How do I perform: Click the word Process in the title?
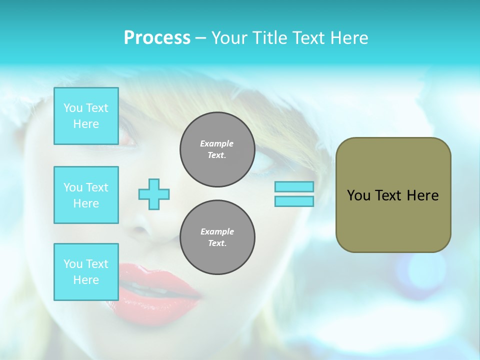157,38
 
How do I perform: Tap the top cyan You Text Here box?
86,116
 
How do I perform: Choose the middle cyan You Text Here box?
86,195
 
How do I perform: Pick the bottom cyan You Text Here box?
86,272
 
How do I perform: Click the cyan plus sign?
154,194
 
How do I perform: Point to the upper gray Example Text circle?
217,149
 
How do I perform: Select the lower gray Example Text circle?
217,237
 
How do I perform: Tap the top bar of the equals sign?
294,186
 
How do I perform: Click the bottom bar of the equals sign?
294,201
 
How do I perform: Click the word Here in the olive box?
422,195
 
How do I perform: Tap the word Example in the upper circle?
216,143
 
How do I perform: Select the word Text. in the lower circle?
217,243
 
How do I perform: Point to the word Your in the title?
230,38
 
